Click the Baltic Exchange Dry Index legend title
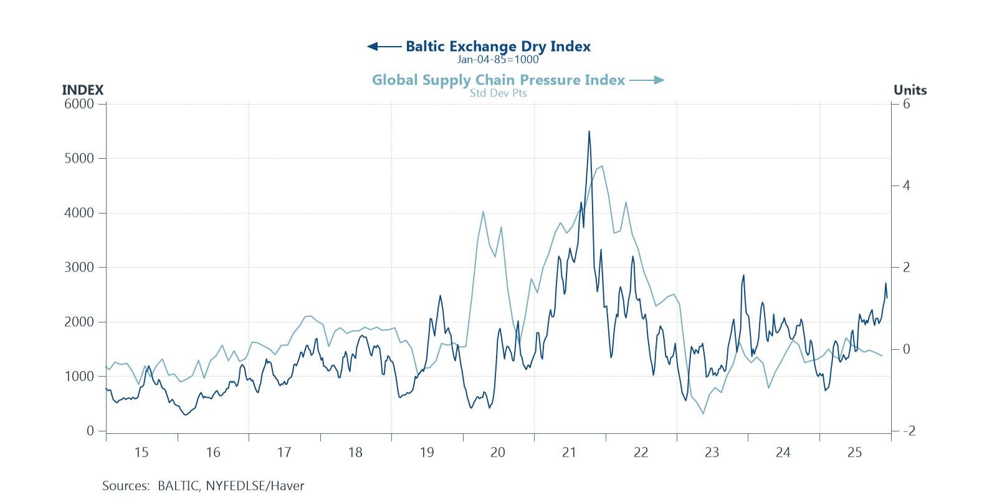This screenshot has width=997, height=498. (x=498, y=46)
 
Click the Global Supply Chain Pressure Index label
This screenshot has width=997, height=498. (x=498, y=80)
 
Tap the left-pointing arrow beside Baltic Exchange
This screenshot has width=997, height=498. (x=384, y=47)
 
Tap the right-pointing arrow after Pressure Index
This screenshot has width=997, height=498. (x=647, y=80)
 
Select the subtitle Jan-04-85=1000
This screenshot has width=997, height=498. (x=497, y=60)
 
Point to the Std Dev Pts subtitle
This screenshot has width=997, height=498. (x=498, y=93)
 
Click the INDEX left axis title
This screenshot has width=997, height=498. (x=82, y=90)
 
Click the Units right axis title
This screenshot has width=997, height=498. (x=910, y=90)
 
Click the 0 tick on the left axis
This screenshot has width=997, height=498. (x=90, y=431)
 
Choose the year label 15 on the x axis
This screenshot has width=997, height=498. (x=141, y=453)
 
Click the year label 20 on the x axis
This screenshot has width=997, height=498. (x=497, y=453)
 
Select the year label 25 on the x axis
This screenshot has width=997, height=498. (x=854, y=453)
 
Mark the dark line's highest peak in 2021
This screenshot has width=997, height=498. (x=589, y=131)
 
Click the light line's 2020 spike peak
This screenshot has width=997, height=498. (x=483, y=212)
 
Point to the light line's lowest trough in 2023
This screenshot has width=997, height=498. (x=704, y=413)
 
